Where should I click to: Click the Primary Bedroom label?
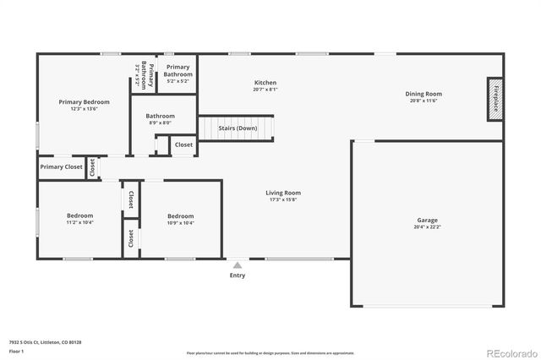point(84,102)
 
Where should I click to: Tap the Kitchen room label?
point(265,82)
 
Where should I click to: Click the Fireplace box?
point(495,98)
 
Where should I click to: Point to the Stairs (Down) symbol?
point(237,128)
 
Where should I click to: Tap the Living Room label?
point(284,193)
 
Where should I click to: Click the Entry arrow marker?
point(238,265)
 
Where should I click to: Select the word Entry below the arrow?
point(238,275)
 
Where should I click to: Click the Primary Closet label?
point(61,167)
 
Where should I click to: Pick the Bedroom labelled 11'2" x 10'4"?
point(79,215)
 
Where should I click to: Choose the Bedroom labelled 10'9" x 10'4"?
point(180,215)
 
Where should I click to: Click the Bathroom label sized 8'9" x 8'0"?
point(160,116)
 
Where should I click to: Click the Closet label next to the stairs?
point(183,145)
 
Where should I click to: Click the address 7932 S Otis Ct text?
point(45,341)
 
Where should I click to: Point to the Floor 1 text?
point(16,350)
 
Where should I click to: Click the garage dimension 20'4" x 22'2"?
point(427,226)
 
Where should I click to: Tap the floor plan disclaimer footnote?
point(270,352)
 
